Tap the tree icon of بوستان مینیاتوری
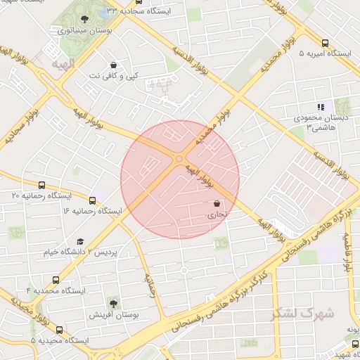point(85,19)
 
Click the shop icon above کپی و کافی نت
point(113,64)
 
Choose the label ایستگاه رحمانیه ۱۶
point(92,210)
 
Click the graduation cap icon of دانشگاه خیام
point(79,241)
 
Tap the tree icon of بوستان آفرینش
point(112,303)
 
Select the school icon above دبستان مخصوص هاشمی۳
point(321,107)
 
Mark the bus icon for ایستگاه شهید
point(356,344)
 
